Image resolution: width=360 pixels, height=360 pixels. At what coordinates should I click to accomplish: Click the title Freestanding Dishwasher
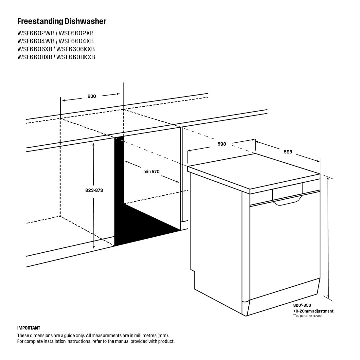[x=62, y=22]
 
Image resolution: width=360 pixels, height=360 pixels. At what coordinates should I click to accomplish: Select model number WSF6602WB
[x=36, y=33]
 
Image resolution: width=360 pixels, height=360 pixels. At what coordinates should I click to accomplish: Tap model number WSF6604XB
[x=76, y=41]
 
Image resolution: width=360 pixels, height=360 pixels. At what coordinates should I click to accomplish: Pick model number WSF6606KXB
[x=76, y=49]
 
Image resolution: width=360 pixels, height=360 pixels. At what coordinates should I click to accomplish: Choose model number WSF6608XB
[x=35, y=57]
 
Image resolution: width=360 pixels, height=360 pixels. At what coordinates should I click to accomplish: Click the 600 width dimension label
[x=92, y=96]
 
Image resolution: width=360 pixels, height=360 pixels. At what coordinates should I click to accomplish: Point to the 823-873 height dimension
[x=94, y=190]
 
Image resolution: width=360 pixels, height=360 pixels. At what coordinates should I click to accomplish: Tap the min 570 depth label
[x=151, y=171]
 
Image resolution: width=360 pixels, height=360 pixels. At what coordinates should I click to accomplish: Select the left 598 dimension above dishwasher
[x=222, y=144]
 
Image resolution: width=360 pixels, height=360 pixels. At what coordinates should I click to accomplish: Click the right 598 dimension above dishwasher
[x=288, y=152]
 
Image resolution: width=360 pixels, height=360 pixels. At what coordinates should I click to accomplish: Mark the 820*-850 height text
[x=302, y=305]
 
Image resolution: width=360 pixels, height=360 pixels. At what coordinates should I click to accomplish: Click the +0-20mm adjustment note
[x=313, y=311]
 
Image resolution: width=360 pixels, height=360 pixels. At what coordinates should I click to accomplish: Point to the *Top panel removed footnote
[x=307, y=316]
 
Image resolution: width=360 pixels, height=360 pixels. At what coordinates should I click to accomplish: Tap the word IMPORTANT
[x=29, y=328]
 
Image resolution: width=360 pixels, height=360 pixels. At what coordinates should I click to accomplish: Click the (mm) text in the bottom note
[x=163, y=335]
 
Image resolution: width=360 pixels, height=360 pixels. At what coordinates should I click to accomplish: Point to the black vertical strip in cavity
[x=119, y=190]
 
